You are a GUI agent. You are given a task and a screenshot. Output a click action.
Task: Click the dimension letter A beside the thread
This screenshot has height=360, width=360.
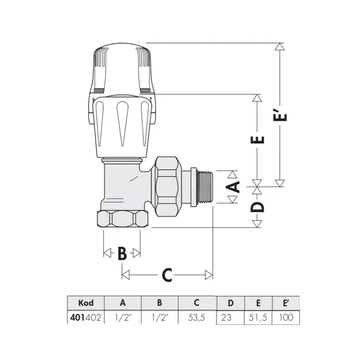click(x=234, y=188)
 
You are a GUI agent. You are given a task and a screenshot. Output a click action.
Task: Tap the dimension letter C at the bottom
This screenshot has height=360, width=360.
click(x=167, y=274)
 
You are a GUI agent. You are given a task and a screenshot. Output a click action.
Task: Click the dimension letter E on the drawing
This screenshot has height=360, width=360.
click(x=258, y=141)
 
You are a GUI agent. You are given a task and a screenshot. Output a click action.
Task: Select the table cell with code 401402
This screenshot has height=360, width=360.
click(x=86, y=317)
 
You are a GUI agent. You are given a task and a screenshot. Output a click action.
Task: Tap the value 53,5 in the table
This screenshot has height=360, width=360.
click(x=197, y=317)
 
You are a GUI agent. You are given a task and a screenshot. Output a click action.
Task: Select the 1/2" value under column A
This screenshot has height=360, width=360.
click(x=123, y=317)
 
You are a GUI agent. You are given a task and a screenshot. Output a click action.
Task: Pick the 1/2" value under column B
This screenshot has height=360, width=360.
click(x=159, y=317)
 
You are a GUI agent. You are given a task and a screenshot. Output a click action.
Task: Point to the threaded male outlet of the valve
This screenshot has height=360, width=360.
click(x=204, y=186)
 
